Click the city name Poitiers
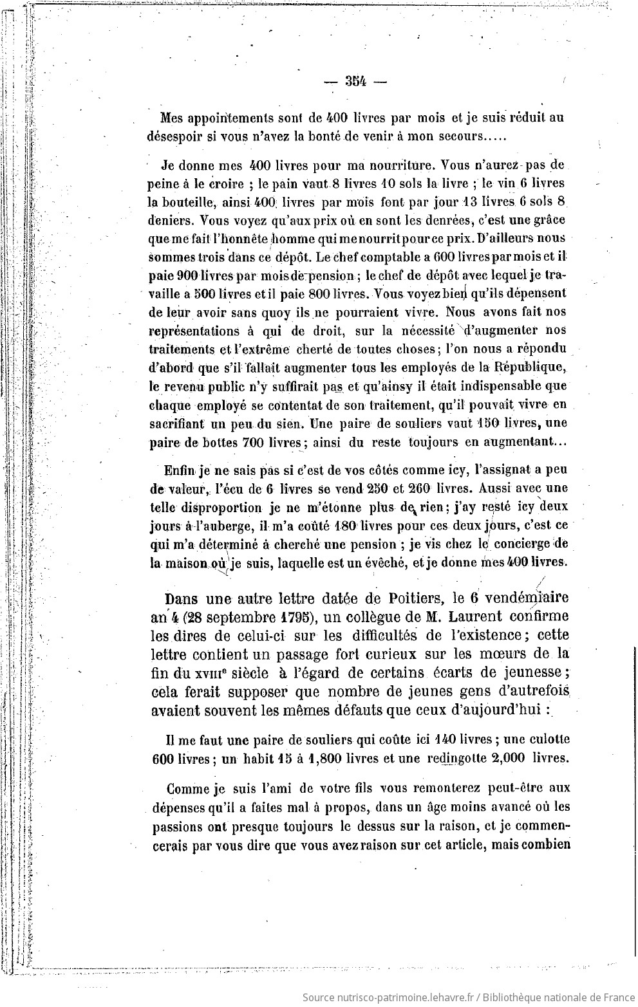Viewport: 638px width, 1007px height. (x=410, y=598)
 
